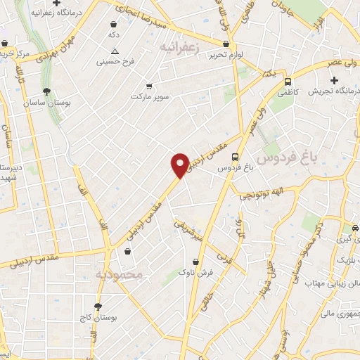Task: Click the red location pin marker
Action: [180, 165]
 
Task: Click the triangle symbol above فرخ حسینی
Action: [115, 51]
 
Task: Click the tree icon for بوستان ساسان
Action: [46, 91]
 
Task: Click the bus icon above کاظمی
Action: [288, 82]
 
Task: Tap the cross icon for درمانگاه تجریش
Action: [334, 82]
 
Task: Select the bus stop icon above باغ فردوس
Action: [235, 157]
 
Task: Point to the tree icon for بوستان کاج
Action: [98, 307]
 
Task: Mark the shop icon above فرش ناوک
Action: [186, 259]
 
